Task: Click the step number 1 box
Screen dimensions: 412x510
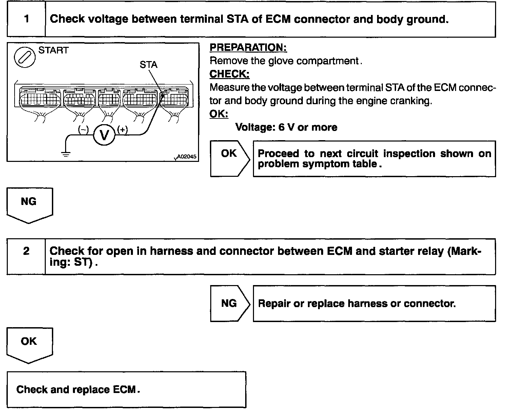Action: click(26, 19)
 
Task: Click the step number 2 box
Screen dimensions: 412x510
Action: click(26, 251)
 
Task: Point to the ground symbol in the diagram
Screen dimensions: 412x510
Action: click(66, 153)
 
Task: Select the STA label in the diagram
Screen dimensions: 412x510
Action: click(148, 64)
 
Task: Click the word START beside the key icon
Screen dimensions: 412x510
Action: click(53, 51)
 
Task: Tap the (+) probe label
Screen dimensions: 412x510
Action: click(122, 129)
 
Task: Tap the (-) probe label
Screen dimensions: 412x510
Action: click(83, 129)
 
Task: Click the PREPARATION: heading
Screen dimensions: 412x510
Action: click(248, 48)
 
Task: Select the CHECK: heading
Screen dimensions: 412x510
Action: click(230, 74)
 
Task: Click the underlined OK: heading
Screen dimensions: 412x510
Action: click(219, 114)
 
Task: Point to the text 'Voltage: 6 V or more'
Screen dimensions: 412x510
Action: click(286, 127)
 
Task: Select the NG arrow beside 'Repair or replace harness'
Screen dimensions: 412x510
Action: click(229, 303)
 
